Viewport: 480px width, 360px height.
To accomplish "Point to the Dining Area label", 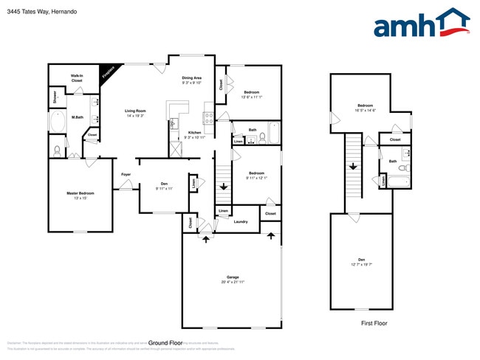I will coord(192,77).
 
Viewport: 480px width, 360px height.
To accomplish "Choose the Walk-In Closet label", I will coord(76,77).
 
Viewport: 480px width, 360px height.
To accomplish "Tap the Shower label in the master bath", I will coord(55,97).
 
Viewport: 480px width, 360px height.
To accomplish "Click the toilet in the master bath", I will coord(58,150).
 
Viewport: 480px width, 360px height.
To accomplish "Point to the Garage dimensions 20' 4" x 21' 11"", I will coord(232,282).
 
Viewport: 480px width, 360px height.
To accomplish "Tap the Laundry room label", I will coord(240,221).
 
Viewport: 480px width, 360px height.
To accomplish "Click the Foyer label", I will coord(126,174).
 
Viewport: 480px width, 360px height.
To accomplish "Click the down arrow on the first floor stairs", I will coord(353,166).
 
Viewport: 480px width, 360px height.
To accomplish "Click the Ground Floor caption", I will coord(165,343).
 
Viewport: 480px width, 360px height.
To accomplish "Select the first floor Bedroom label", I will coord(366,105).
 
